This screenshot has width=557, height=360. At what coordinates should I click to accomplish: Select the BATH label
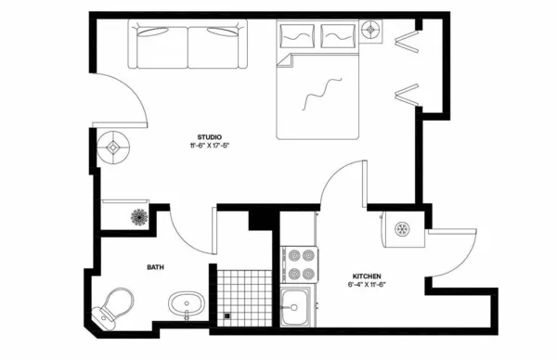pyautogui.click(x=156, y=267)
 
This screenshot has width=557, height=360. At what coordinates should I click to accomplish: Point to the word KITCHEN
pyautogui.click(x=367, y=276)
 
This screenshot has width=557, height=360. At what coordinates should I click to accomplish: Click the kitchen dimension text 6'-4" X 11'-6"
pyautogui.click(x=368, y=285)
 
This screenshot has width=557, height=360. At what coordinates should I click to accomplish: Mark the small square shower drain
pyautogui.click(x=227, y=316)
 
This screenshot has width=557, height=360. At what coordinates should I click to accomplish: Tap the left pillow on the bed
pyautogui.click(x=296, y=37)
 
